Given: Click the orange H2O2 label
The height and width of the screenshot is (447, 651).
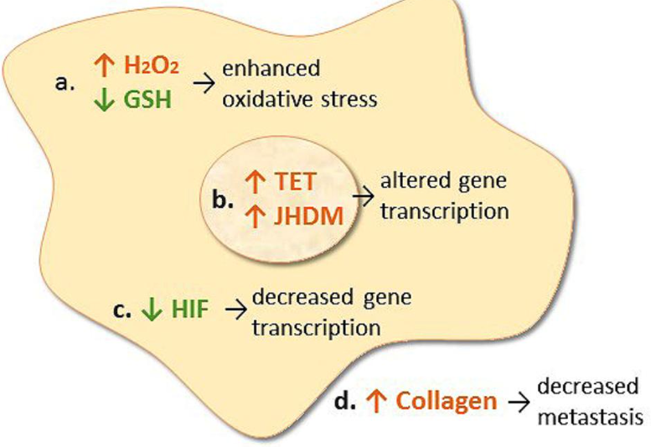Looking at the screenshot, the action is (152, 66).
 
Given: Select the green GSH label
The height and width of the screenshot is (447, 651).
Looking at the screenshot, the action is (147, 100).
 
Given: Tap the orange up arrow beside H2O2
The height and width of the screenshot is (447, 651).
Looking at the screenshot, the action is (104, 65).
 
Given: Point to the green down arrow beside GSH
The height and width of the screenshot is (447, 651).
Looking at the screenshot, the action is (104, 100).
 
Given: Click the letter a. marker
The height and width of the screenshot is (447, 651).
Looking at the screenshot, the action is (65, 83).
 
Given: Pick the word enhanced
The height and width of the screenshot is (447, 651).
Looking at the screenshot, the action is (271, 68).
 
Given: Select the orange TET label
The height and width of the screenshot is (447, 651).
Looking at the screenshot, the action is (295, 182).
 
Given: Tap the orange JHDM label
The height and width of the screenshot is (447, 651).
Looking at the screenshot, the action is (309, 216).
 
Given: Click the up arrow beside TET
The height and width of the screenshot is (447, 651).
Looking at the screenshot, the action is (256, 182).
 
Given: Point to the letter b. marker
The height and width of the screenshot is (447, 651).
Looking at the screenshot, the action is (223, 200).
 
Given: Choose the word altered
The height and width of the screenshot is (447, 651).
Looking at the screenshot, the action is (409, 180).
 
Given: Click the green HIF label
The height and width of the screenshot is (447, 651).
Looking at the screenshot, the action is (189, 310).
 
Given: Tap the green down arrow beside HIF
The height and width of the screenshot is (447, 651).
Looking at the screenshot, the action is (152, 310).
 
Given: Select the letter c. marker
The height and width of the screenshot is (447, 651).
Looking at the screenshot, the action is (122, 311).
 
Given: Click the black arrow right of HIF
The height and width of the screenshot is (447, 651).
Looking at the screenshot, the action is (235, 310).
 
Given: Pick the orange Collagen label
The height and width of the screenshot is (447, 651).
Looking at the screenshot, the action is (447, 403).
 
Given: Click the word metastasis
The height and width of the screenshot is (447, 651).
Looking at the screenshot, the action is (591, 418).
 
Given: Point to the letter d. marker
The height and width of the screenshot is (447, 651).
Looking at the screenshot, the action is (345, 402).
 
